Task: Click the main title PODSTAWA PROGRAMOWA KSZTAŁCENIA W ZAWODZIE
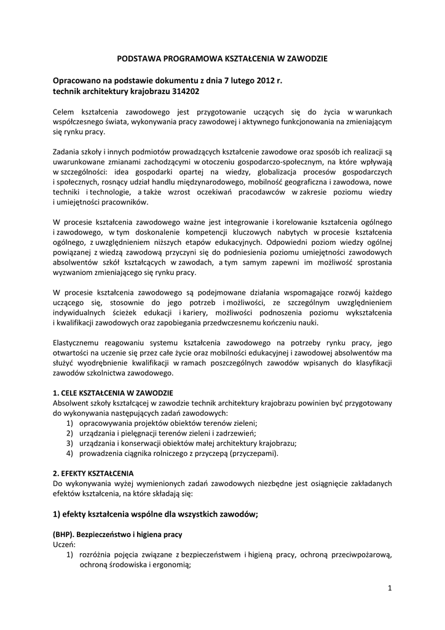(x=222, y=58)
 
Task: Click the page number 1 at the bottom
(x=390, y=588)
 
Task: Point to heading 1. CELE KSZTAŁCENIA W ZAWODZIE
(x=113, y=393)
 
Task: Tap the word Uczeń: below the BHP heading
(x=65, y=544)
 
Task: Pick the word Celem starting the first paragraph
(x=65, y=111)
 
